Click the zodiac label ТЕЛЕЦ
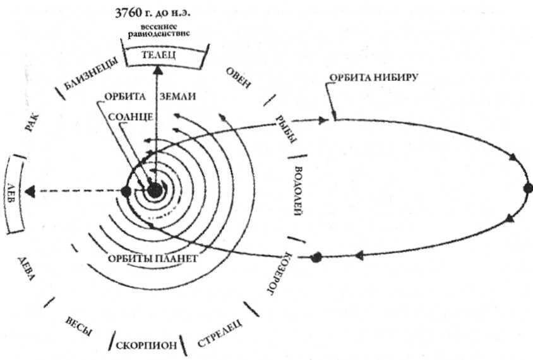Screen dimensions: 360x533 [x=155, y=56]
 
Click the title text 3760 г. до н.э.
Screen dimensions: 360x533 [x=155, y=14]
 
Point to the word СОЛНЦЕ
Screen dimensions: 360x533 [x=128, y=117]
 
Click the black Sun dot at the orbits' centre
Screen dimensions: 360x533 [x=155, y=191]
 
